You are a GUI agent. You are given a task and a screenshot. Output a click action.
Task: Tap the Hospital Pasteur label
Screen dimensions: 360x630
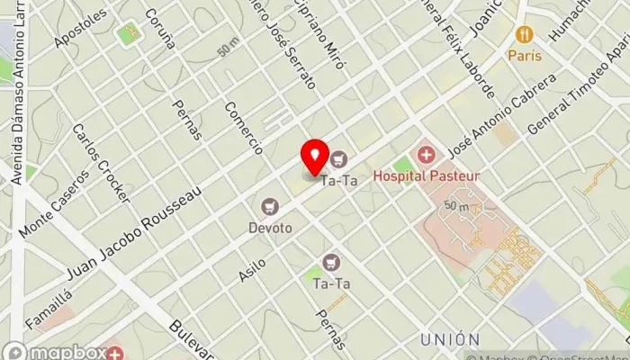pos(440,175)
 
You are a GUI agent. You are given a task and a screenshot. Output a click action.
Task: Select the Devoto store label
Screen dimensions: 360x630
pos(271,229)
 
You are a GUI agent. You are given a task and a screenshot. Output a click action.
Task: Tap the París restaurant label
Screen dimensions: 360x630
pos(525,56)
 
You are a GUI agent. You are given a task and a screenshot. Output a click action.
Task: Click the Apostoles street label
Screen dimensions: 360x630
pos(79,29)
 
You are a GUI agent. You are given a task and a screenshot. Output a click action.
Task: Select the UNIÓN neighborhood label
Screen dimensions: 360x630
pos(449,339)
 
